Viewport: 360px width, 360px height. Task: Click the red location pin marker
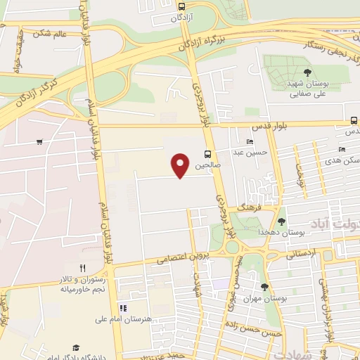point(181,165)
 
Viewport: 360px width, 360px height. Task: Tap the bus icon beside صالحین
point(207,154)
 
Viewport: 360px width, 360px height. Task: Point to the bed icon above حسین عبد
point(250,141)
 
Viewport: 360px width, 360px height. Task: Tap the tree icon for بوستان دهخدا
point(281,221)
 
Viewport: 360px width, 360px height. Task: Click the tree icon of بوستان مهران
point(264,286)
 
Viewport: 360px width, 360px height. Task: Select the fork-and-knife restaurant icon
point(82,268)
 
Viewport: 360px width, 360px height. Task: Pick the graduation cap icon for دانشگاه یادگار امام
point(76,347)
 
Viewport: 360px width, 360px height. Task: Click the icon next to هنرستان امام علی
point(123,308)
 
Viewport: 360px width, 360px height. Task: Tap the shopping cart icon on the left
point(39,143)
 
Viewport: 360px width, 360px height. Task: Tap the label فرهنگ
point(249,210)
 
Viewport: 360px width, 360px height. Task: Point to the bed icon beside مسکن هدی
point(342,149)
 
